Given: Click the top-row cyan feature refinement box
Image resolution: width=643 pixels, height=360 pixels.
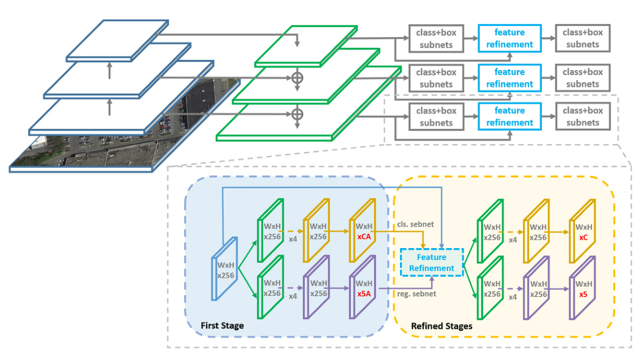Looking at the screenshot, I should (509, 38).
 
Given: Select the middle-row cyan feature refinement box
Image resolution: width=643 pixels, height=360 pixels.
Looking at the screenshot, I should (509, 78).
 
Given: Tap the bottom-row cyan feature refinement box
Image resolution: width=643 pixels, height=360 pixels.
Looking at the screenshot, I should (509, 116).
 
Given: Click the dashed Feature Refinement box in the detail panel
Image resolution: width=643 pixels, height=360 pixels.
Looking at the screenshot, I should (432, 263).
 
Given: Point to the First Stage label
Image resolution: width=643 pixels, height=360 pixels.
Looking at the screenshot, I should (222, 326).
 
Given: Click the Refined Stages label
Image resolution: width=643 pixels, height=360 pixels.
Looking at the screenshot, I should (441, 326).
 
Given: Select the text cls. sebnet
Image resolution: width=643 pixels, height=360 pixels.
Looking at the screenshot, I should (415, 224).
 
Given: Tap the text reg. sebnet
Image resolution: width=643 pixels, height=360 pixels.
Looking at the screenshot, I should (418, 294).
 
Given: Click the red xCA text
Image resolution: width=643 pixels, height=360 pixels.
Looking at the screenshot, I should (363, 237).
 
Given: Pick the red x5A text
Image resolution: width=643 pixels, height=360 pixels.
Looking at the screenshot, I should (363, 294).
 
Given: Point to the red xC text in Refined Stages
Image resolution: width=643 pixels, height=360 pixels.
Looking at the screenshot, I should (583, 237).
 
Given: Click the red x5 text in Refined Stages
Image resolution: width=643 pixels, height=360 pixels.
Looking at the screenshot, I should (583, 294).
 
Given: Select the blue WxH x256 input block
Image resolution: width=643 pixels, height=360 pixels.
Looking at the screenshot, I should (225, 270).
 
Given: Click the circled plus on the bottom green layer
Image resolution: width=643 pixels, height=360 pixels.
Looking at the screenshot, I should (297, 115).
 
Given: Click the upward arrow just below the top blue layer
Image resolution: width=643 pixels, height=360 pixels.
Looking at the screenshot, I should (110, 71).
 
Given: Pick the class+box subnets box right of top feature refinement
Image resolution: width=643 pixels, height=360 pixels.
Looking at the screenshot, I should (583, 38).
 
